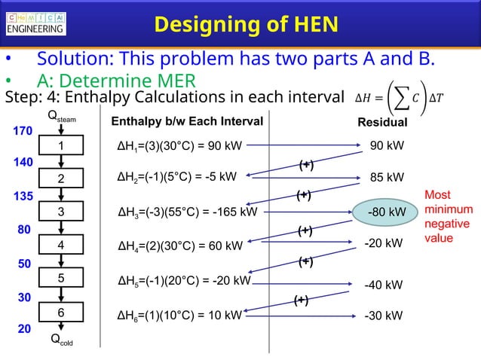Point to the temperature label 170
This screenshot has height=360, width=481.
(x=23, y=131)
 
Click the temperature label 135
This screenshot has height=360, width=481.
(x=23, y=196)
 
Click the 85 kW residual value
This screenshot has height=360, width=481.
(x=387, y=178)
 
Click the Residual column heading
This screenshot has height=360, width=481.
(x=383, y=122)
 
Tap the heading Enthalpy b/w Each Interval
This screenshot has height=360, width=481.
(x=187, y=122)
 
